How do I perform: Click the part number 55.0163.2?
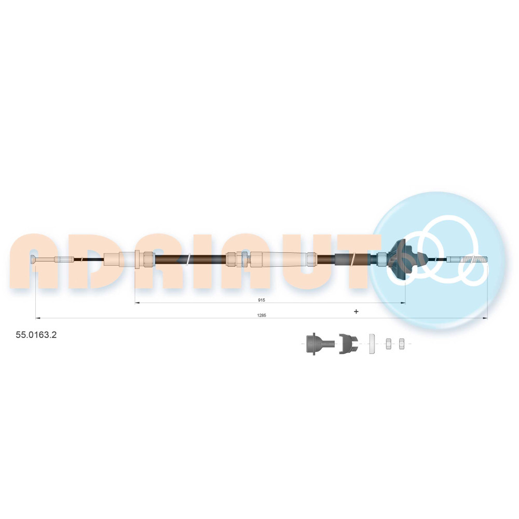pyautogui.click(x=36, y=335)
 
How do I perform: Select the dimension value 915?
pyautogui.click(x=262, y=300)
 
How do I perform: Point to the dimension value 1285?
pyautogui.click(x=262, y=315)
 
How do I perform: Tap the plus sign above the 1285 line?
pyautogui.click(x=356, y=311)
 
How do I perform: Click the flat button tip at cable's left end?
pyautogui.click(x=34, y=259)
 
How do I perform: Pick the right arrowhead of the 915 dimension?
pyautogui.click(x=403, y=303)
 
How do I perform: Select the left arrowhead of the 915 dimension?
pyautogui.click(x=138, y=303)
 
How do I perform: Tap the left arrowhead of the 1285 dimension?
pyautogui.click(x=38, y=318)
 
